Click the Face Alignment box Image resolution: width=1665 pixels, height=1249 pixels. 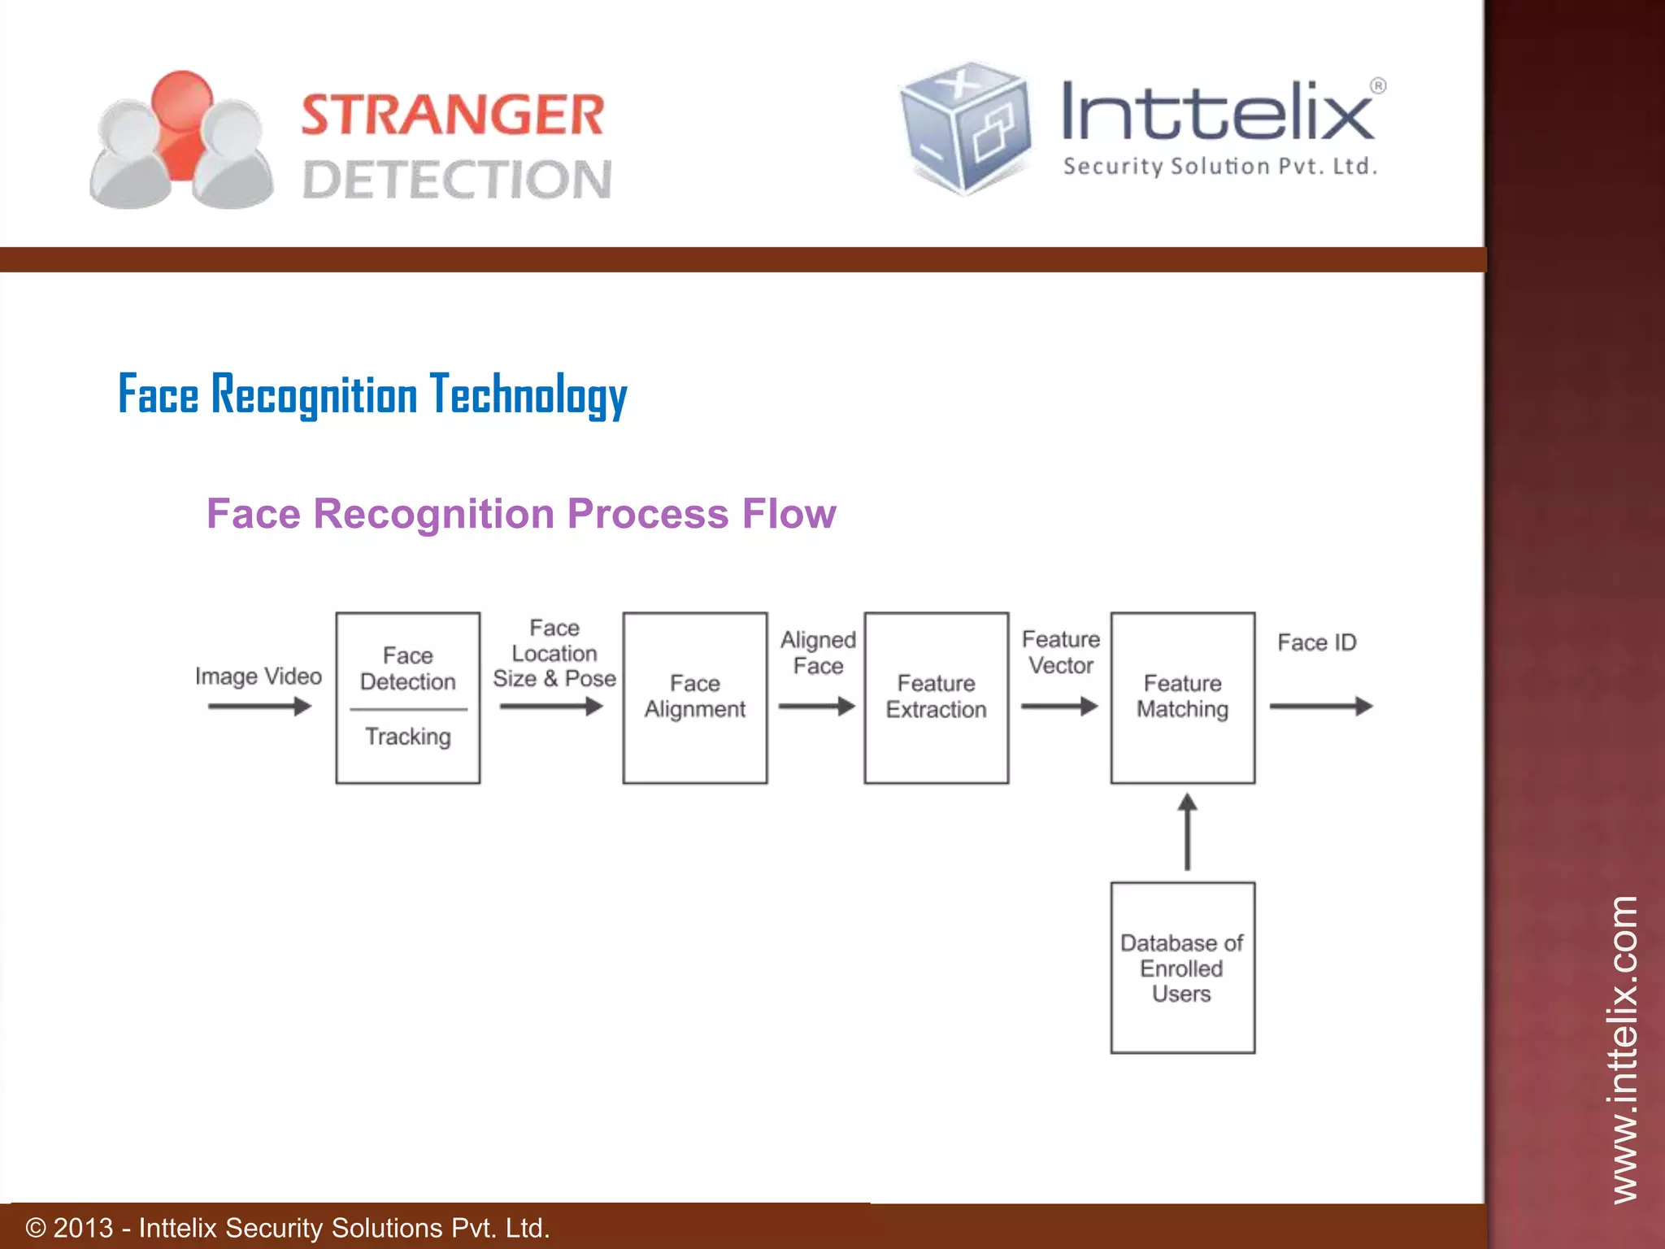point(694,698)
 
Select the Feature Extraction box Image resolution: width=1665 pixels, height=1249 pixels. point(936,698)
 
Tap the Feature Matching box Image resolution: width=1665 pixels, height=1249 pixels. point(1182,698)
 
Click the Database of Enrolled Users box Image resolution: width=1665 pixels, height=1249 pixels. point(1182,968)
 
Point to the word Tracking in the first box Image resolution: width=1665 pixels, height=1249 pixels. point(407,737)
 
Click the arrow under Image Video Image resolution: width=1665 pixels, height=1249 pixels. point(259,707)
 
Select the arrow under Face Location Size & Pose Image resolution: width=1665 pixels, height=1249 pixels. point(551,707)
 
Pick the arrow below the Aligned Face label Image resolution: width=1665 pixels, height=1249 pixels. point(816,707)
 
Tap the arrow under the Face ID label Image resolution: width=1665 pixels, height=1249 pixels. point(1320,707)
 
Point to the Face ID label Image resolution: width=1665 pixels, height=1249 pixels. point(1316,643)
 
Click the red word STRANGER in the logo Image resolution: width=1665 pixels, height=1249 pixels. point(453,115)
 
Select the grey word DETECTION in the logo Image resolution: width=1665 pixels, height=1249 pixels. point(457,180)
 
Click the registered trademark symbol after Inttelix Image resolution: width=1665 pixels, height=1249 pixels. point(1378,86)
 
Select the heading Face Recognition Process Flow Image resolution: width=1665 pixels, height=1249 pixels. point(521,514)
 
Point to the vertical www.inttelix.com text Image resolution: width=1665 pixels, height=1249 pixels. point(1624,1048)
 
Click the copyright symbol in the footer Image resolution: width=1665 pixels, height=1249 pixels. point(36,1227)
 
